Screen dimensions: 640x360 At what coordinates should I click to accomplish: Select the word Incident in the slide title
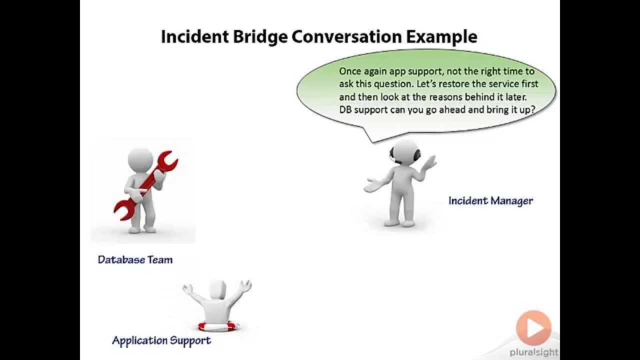coord(194,37)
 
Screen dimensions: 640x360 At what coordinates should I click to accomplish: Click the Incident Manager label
coord(490,201)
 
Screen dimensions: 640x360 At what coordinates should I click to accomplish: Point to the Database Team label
coord(135,259)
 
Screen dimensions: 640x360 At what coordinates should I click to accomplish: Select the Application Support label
coord(161,340)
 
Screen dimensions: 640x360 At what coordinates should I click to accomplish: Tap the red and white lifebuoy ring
coord(218,326)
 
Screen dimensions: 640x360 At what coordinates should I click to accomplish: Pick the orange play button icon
coord(533,328)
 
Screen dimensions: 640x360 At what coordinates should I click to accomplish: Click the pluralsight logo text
coord(533,352)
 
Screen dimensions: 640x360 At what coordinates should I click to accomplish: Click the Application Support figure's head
coord(217,290)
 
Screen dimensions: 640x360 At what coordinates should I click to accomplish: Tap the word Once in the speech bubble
coord(350,71)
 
